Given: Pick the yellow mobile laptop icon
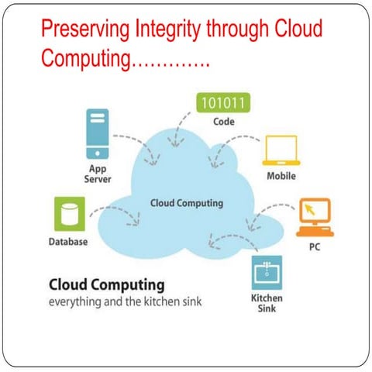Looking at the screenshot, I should pos(281,152).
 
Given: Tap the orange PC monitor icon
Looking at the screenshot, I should pos(315,217).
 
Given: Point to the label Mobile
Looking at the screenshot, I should pos(281,176).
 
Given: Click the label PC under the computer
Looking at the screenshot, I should pos(315,248).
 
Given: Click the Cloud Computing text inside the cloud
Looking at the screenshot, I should pos(186,203).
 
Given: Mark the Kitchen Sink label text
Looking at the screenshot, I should pos(267,303).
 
